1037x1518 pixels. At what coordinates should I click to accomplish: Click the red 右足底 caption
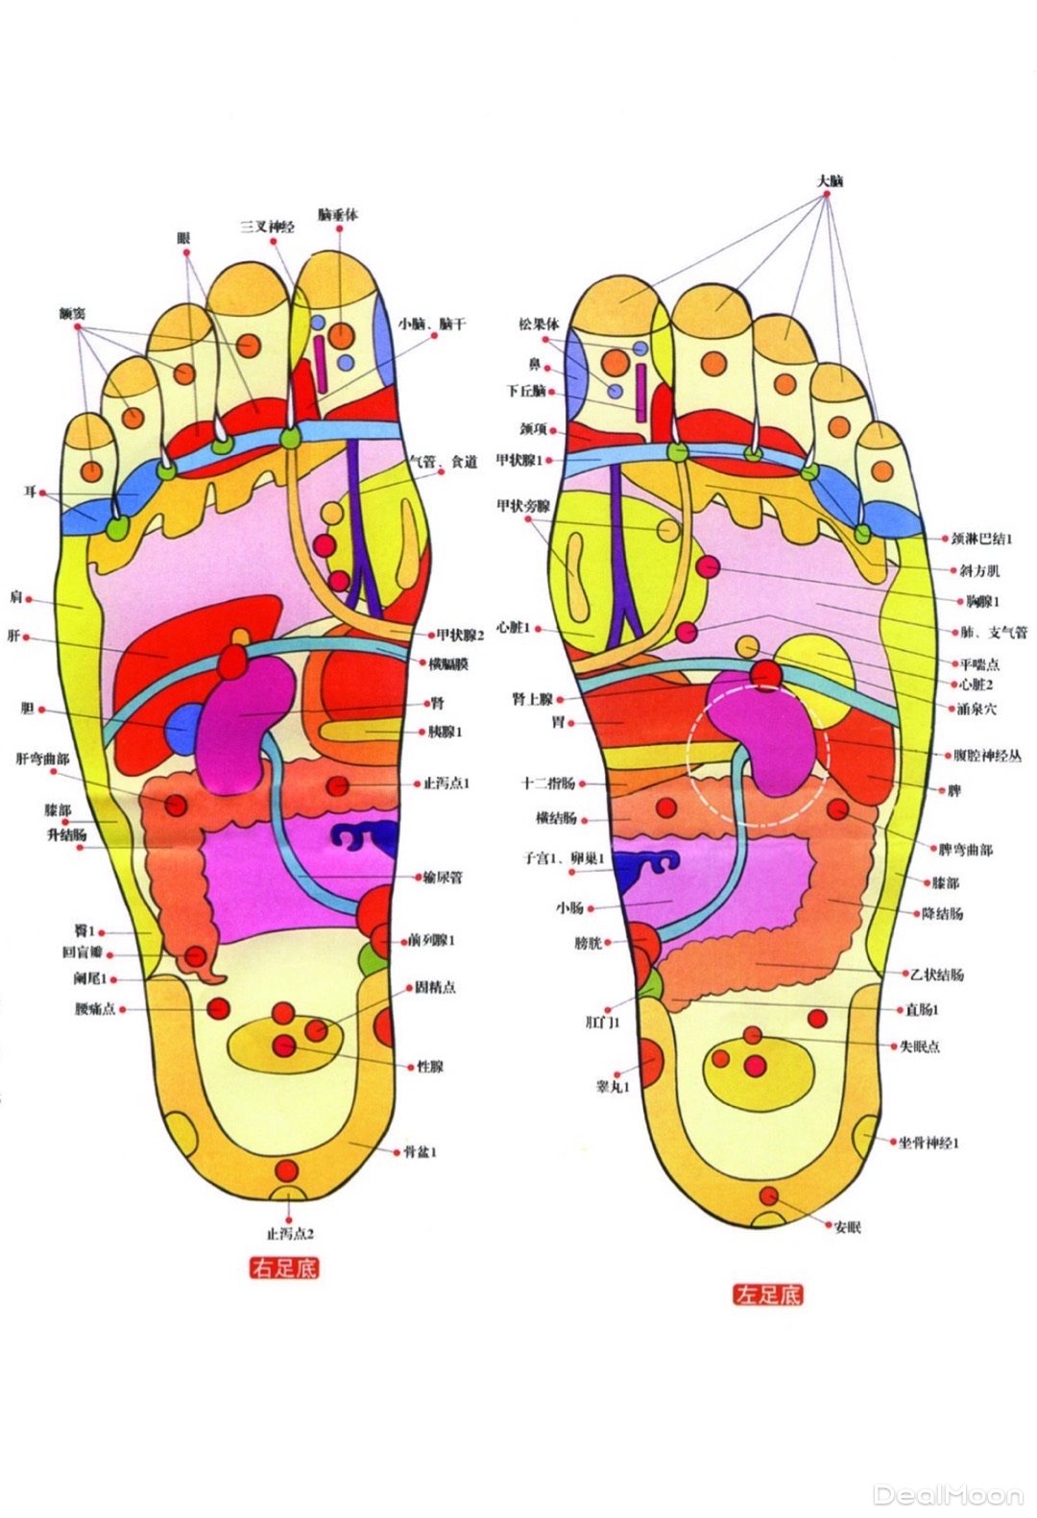click(x=283, y=1268)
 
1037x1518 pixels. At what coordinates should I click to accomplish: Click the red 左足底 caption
click(x=768, y=1294)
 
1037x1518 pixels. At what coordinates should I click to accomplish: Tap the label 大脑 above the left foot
click(x=830, y=181)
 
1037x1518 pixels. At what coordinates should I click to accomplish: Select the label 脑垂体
click(x=338, y=215)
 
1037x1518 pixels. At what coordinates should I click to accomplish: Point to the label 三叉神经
click(x=267, y=227)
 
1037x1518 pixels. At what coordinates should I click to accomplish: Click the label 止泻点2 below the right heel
click(x=290, y=1233)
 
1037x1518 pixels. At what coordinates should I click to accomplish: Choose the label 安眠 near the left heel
click(x=848, y=1226)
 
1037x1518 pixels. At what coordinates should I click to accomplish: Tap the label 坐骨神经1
click(x=928, y=1143)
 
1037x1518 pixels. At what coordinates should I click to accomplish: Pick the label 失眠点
click(x=920, y=1046)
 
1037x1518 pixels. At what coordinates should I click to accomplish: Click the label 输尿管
click(x=443, y=877)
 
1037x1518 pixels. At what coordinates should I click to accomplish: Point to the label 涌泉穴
click(x=977, y=709)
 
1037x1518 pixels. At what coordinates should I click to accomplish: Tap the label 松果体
click(x=539, y=325)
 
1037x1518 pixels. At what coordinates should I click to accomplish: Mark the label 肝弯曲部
click(x=42, y=759)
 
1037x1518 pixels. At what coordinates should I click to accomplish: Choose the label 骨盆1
click(x=421, y=1150)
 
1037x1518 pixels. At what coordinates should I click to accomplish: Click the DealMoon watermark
click(x=948, y=1494)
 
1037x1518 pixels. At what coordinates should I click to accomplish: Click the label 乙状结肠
click(x=936, y=975)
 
